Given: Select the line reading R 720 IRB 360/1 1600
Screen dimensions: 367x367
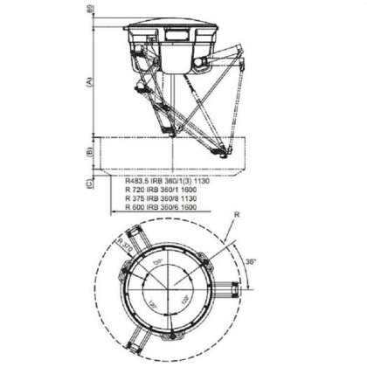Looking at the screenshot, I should click(x=158, y=189).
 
